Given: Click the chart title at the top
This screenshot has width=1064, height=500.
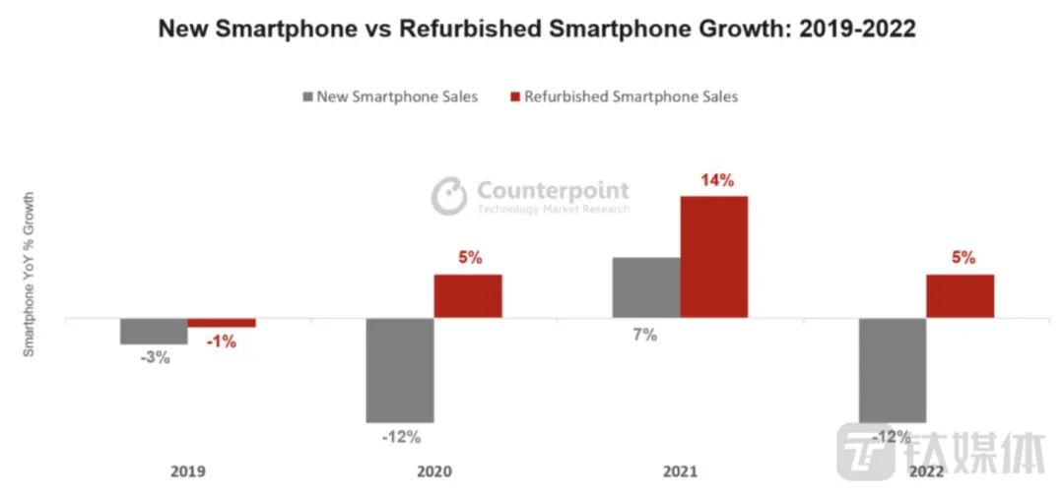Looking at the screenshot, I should point(537,30).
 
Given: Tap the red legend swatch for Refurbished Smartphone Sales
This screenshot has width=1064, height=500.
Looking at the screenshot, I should point(513,96).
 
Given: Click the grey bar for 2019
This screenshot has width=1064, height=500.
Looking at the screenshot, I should point(154,332).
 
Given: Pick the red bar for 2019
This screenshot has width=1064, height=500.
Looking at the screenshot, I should point(222,323).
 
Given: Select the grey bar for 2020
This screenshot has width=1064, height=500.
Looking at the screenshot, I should point(400,370).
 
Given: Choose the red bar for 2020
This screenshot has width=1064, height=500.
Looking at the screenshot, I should point(468,296).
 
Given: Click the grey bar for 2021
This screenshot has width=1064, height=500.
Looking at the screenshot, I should point(646,287).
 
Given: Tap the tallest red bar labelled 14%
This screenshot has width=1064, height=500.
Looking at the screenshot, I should point(714,257).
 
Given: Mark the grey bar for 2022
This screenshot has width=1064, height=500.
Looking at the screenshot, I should point(893,370).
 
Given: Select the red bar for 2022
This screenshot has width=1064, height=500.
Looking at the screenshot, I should point(961,296).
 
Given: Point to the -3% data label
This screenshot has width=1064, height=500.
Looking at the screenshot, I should point(155,358).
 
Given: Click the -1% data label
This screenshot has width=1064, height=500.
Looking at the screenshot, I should point(222,343).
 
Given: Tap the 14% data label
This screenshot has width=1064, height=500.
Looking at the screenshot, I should point(716,180).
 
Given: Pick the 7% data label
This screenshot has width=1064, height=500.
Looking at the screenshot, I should point(645,335).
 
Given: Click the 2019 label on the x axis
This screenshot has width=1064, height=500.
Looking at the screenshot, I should point(187,471).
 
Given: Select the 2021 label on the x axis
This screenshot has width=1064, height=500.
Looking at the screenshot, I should point(680,471).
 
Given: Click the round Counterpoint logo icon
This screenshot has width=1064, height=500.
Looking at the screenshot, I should point(449,195).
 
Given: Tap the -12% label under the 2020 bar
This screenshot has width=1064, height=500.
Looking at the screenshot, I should point(400,436).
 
